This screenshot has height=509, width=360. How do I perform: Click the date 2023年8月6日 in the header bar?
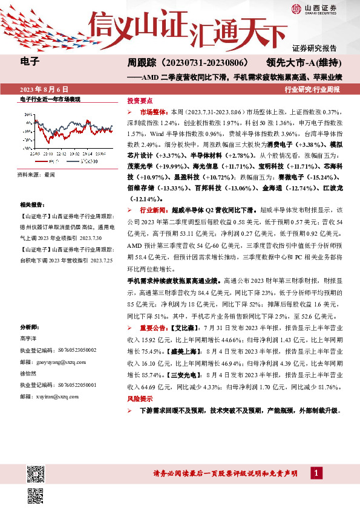pos(48,88)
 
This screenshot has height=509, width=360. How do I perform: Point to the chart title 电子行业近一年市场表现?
pos(50,99)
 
